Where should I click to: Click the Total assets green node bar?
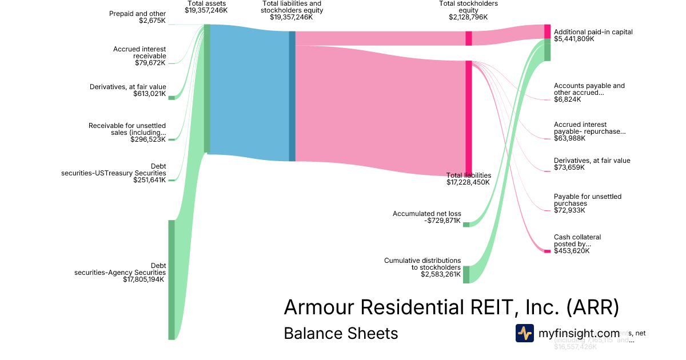[x=207, y=89]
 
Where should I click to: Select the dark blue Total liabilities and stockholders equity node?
[x=292, y=96]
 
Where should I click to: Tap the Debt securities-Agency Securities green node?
[x=171, y=279]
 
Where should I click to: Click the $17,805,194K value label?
[x=143, y=279]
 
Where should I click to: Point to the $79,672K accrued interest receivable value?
[x=149, y=63]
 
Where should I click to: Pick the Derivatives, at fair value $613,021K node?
[x=171, y=98]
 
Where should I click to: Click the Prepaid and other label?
[x=137, y=13]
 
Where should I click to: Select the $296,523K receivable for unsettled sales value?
[x=147, y=139]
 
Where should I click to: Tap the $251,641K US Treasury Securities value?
[x=148, y=180]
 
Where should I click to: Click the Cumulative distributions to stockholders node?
[x=466, y=274]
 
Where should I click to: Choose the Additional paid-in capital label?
[x=593, y=32]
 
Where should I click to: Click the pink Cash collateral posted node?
[x=547, y=251]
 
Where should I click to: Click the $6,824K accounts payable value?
[x=567, y=99]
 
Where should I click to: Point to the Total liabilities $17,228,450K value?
[x=468, y=182]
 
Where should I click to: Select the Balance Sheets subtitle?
[x=341, y=333]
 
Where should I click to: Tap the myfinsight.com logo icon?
[x=524, y=333]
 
